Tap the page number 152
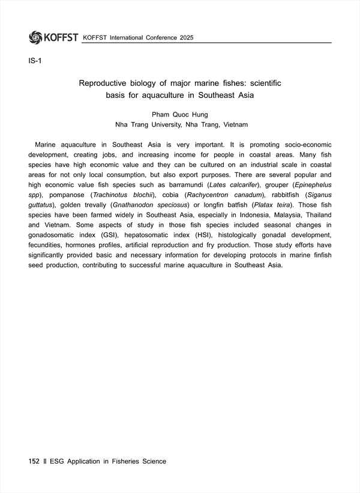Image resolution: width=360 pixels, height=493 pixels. [34, 461]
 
